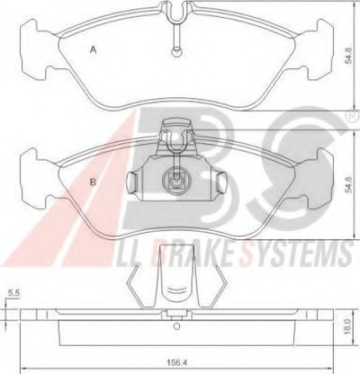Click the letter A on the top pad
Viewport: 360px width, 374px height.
tap(94, 49)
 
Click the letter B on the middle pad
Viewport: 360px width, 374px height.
tap(94, 182)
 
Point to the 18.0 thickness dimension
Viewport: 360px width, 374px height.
tap(348, 327)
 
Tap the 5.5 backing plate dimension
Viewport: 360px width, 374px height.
tap(13, 293)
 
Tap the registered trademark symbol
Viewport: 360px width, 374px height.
tap(355, 115)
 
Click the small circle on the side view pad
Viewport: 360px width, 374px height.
tap(176, 326)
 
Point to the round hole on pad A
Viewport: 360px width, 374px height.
tap(176, 51)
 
